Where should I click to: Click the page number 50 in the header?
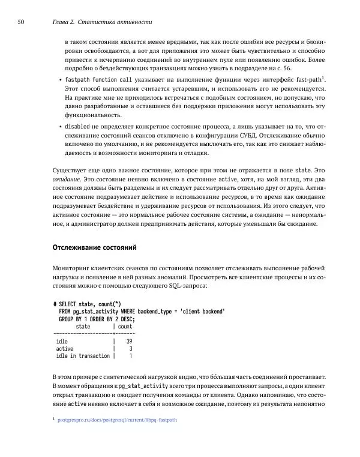click(x=20, y=22)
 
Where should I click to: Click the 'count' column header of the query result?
click(x=125, y=327)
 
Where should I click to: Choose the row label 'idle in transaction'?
click(x=83, y=356)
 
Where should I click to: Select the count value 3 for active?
click(x=130, y=348)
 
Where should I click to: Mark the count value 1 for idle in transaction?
click(x=130, y=356)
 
